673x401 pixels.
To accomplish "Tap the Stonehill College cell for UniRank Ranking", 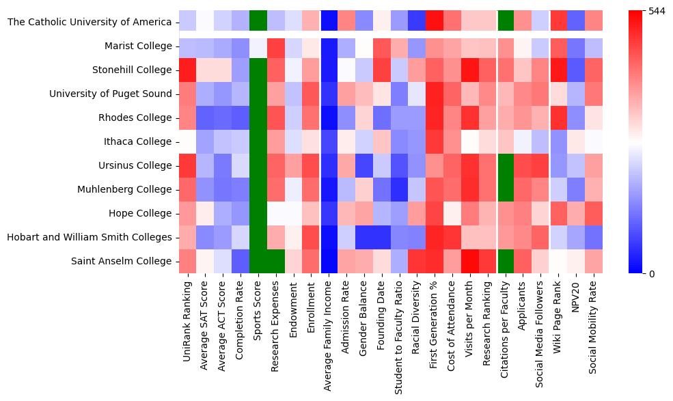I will (x=188, y=70).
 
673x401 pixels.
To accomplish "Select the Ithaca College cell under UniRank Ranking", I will (x=188, y=142).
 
